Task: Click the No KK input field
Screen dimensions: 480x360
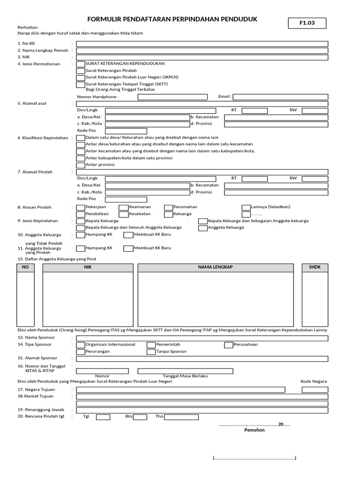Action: [x=202, y=44]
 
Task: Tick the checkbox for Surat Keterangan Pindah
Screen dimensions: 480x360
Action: [x=81, y=70]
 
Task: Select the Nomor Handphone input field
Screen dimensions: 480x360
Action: [x=172, y=97]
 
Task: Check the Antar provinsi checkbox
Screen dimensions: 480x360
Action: [x=81, y=165]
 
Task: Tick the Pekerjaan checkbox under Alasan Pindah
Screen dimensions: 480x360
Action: [x=81, y=207]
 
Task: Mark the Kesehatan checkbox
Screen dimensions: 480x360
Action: [x=123, y=214]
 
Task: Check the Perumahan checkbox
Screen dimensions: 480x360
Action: [x=168, y=207]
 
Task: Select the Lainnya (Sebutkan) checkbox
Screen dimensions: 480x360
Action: [x=246, y=207]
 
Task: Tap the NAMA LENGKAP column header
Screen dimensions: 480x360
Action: [x=216, y=267]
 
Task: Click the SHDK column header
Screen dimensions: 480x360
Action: [x=315, y=267]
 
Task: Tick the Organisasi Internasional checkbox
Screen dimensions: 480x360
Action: [x=81, y=345]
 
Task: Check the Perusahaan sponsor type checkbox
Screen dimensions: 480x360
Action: [x=229, y=345]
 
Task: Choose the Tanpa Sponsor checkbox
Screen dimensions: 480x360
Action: [x=151, y=352]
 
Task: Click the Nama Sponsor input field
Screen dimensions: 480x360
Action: [x=202, y=337]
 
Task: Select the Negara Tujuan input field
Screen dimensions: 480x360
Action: [x=180, y=390]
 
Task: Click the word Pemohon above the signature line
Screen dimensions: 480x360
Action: [x=255, y=430]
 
